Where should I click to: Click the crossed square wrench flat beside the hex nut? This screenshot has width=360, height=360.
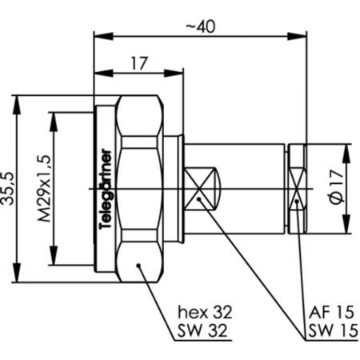point(203,189)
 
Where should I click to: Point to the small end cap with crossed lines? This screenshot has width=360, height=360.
point(297,189)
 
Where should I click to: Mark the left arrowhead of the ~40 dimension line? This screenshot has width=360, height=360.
point(98,35)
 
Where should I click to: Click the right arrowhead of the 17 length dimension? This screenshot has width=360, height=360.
point(163,73)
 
